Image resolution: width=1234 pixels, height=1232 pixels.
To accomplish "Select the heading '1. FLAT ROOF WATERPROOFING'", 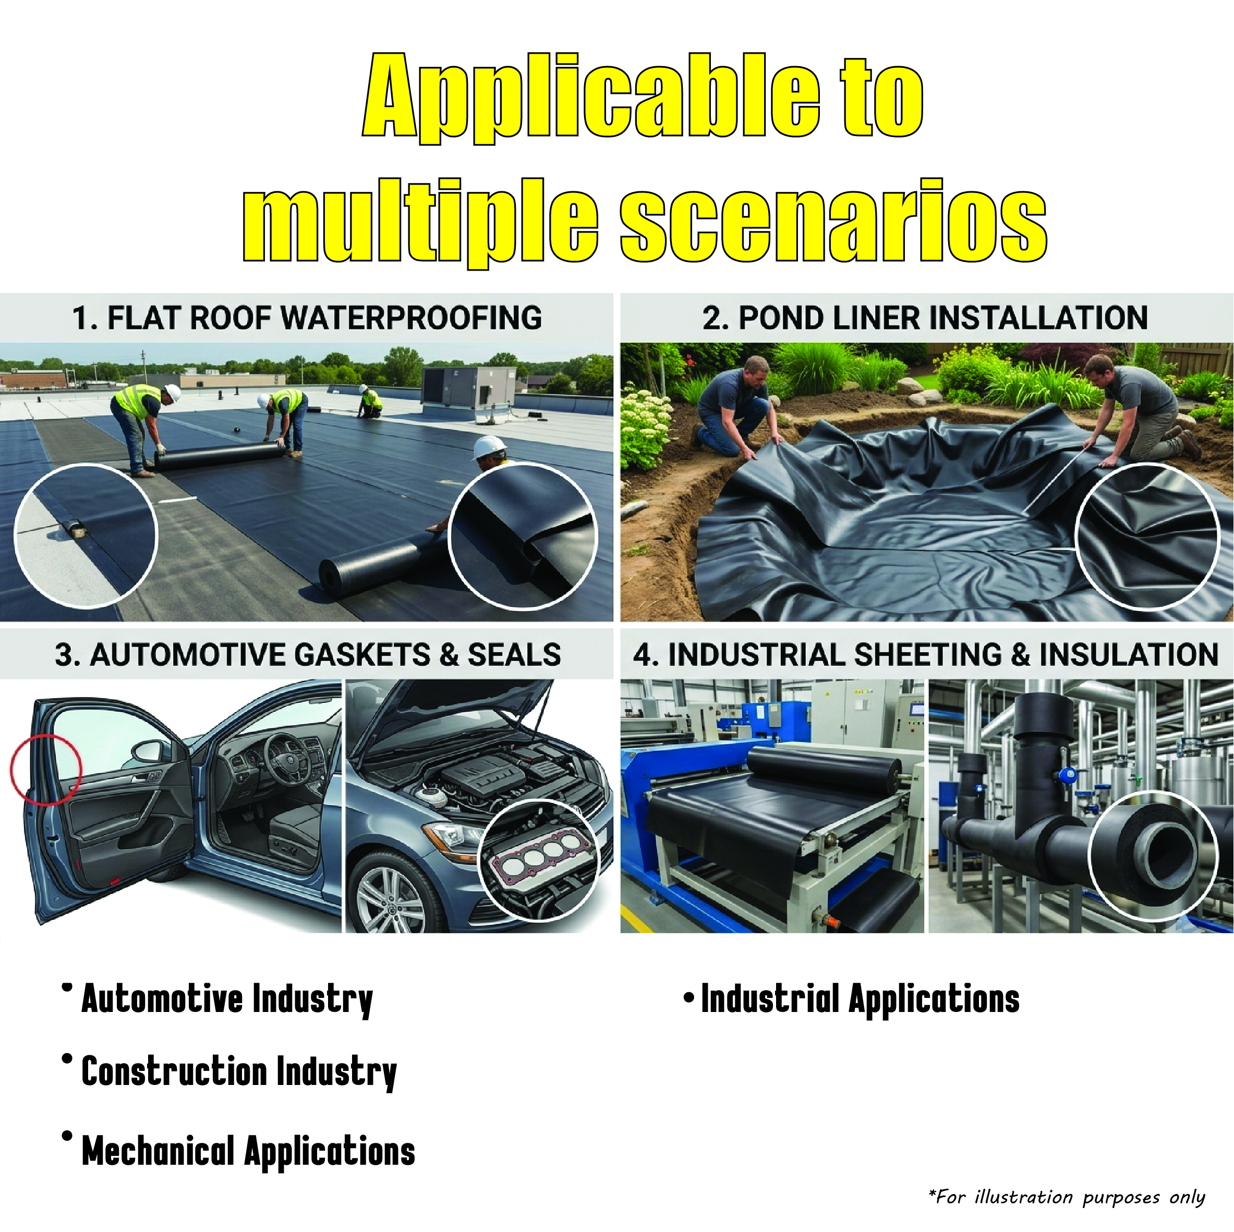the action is coord(307,318).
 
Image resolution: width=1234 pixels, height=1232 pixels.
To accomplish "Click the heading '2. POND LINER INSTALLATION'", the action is coord(925,318).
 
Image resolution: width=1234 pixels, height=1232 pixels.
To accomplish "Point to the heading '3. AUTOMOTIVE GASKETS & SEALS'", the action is coord(308,655).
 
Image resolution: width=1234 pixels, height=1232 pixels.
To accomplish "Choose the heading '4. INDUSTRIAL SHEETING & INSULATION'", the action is coord(926,655).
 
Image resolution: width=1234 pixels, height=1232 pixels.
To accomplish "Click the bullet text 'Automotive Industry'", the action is coord(227,999).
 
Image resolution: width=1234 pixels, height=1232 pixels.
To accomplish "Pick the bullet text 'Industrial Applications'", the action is coord(861,999).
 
